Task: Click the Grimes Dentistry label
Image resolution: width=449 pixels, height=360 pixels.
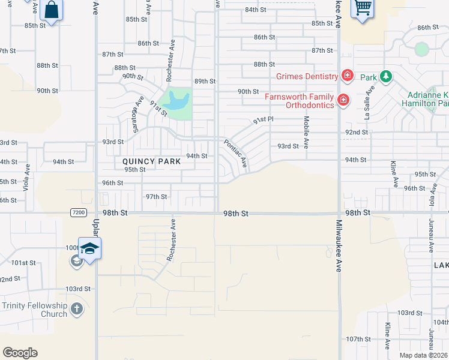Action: coord(307,76)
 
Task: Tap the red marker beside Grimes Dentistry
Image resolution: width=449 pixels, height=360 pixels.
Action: coord(347,76)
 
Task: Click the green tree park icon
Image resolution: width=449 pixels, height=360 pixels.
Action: coord(385,77)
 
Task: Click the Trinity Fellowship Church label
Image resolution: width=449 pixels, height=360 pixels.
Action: coord(34,310)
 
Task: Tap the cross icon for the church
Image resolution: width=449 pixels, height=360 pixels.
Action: coord(76,310)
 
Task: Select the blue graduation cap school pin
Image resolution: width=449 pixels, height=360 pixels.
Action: coord(89,248)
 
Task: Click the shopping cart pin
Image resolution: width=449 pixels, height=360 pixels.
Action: coord(363,9)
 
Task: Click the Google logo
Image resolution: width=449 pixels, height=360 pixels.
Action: coord(20,353)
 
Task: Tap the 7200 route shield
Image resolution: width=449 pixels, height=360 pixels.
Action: coord(78,212)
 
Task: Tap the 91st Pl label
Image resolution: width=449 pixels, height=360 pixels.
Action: coord(263,120)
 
